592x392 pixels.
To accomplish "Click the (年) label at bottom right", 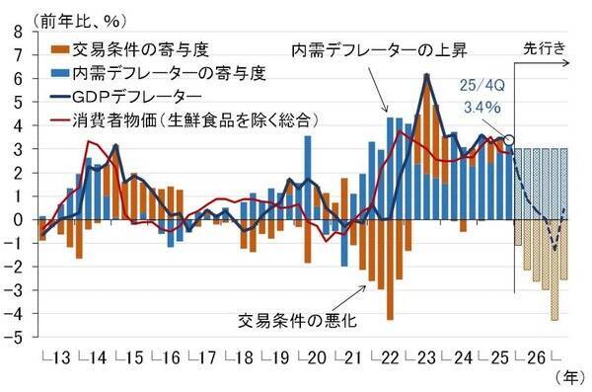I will (570, 377).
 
